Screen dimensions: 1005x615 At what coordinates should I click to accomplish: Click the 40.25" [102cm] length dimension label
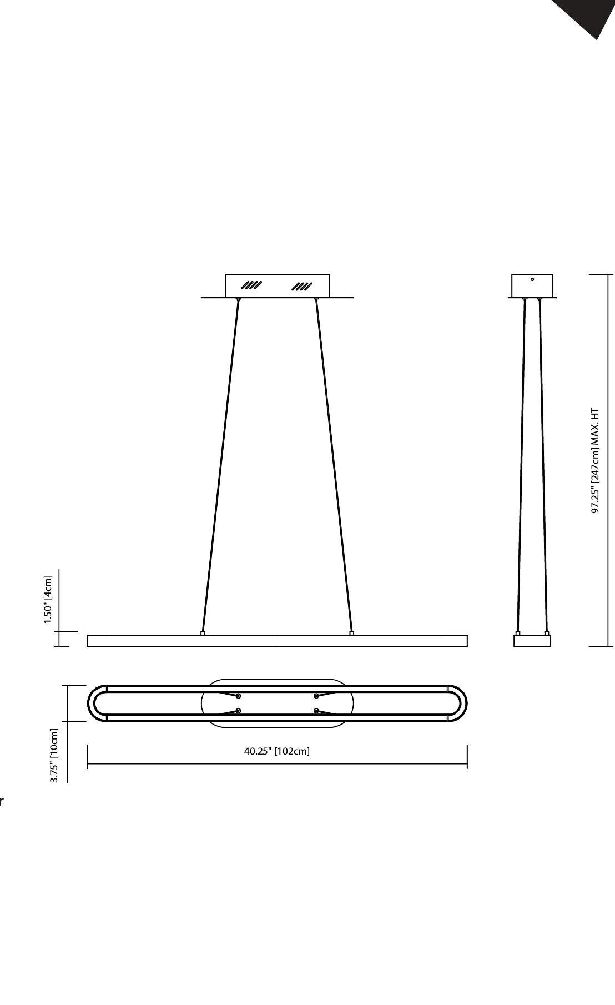tap(277, 751)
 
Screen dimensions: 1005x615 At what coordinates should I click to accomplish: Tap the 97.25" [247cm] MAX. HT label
tap(595, 461)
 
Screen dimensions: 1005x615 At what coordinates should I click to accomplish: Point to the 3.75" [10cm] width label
tap(54, 756)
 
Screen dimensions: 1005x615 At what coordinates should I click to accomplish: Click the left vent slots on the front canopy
tap(251, 286)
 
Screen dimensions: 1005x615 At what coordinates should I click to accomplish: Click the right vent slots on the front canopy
tap(302, 287)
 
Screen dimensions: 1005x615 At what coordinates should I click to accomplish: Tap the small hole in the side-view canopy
tap(532, 279)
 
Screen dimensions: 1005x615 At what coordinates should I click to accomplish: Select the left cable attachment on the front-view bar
tap(203, 633)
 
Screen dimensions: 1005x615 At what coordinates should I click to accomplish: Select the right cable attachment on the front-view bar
tap(351, 633)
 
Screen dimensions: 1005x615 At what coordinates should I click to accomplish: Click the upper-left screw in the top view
tap(238, 696)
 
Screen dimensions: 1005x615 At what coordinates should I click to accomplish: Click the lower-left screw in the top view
tap(238, 711)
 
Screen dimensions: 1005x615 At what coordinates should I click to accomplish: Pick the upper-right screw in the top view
tap(316, 696)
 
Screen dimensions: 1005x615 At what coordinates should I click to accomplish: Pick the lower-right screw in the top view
tap(316, 711)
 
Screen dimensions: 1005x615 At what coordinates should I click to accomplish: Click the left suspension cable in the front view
tap(221, 466)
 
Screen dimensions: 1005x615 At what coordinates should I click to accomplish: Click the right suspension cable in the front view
tap(334, 466)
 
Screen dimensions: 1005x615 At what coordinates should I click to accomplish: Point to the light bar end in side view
tap(532, 641)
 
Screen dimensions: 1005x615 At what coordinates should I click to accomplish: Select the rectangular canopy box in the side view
tap(532, 286)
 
